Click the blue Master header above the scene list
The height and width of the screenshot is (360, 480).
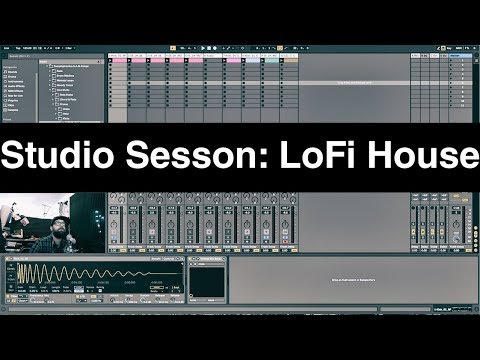[x=458, y=56]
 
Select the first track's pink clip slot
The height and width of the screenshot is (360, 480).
[x=117, y=63]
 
